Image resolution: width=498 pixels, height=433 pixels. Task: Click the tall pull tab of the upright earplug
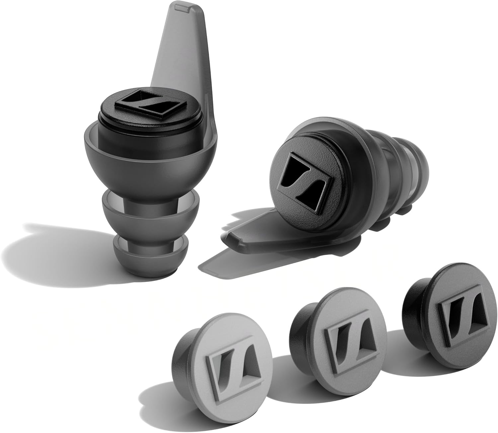pos(186,60)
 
